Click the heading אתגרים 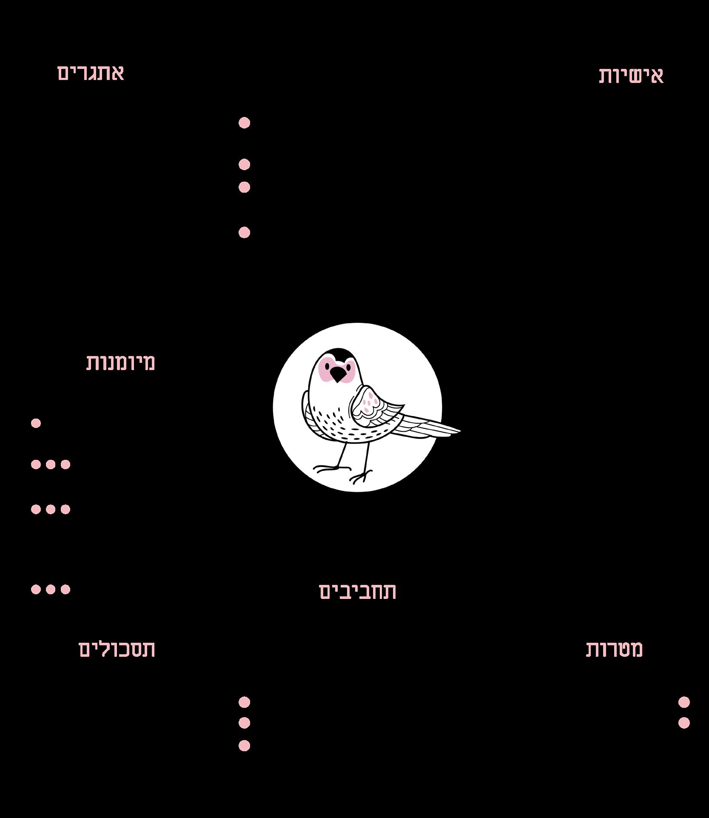[91, 73]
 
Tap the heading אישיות [631, 76]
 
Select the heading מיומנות [121, 362]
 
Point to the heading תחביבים [358, 591]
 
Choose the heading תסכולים [117, 649]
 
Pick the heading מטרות [615, 649]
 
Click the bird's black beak [339, 374]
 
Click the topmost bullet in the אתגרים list [244, 123]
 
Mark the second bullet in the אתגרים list [244, 164]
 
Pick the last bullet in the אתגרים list [244, 232]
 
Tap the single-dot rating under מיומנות [36, 423]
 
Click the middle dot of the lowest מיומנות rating [51, 589]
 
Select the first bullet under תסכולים [244, 702]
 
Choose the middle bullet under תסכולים [244, 723]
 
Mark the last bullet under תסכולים [244, 746]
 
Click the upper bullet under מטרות [684, 702]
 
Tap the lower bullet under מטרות [684, 723]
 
